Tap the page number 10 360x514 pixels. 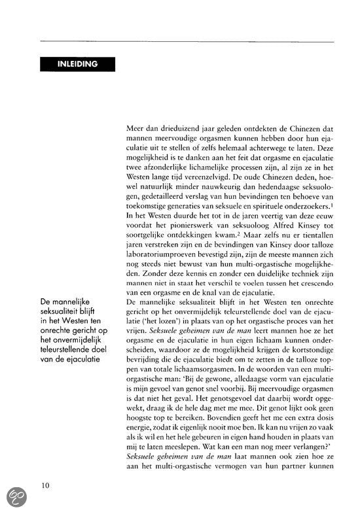coord(45,485)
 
